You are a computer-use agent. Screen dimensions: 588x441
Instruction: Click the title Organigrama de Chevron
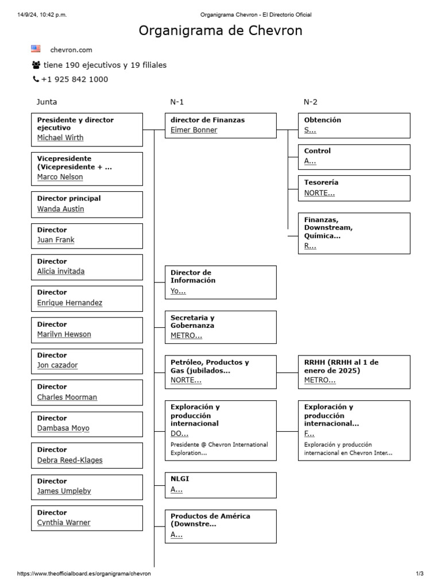[220, 31]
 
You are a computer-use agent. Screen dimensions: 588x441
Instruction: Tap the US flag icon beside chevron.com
[36, 49]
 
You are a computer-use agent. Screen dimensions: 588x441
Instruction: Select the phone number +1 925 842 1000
[74, 79]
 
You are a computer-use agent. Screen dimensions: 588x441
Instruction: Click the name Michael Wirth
[60, 138]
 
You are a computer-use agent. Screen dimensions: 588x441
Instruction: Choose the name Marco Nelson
[60, 177]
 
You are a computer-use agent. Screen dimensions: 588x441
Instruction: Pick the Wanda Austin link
[60, 209]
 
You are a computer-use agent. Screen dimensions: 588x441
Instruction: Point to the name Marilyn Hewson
[64, 334]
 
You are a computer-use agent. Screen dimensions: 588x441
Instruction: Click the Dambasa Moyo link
[63, 428]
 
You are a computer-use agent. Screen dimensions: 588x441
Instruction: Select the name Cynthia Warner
[64, 523]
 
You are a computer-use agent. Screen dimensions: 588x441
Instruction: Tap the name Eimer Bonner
[194, 130]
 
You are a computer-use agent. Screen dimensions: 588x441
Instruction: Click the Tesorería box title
[321, 183]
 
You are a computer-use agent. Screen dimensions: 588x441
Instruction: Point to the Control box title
[318, 151]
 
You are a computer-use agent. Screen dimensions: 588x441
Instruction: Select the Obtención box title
[323, 120]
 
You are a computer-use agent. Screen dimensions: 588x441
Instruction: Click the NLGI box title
[180, 478]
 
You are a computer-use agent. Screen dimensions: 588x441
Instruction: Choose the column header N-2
[310, 102]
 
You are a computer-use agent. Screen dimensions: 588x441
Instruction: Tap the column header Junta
[47, 102]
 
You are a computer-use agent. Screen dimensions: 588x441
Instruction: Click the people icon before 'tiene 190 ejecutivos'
[37, 65]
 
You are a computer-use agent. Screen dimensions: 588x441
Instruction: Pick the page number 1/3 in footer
[419, 574]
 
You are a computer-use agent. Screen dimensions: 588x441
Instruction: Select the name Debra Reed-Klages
[70, 460]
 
